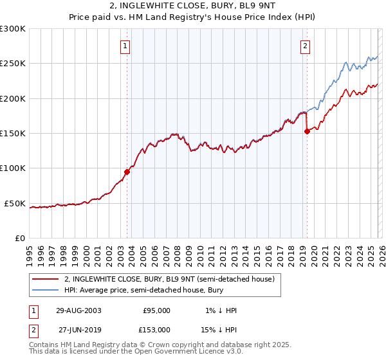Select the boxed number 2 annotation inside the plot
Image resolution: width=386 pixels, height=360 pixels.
[304, 46]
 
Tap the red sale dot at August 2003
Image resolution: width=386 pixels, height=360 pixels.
[127, 172]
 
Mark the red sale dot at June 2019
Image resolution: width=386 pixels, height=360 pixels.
[307, 131]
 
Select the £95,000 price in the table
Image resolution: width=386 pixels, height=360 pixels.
[156, 310]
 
